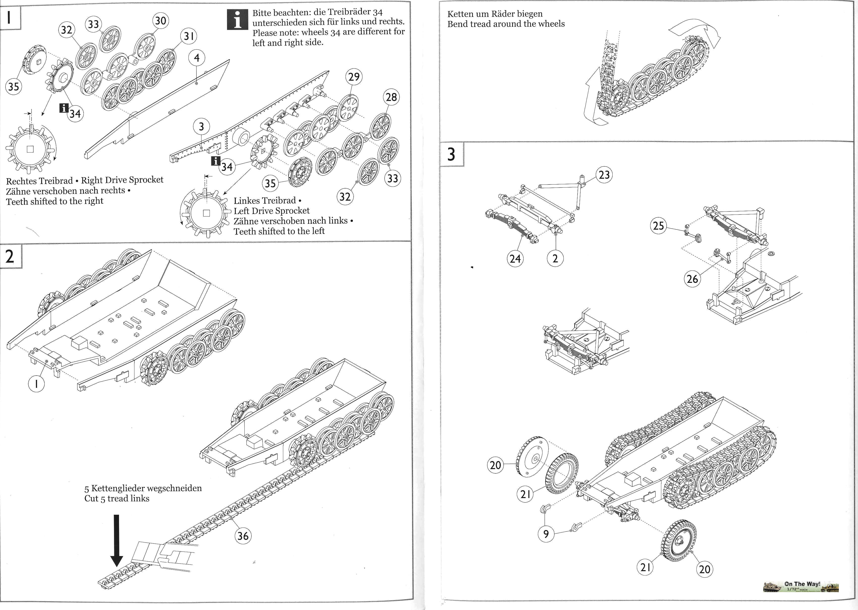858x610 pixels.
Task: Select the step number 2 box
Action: point(10,256)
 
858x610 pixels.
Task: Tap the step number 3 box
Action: point(452,154)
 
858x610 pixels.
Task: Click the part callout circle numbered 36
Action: point(243,536)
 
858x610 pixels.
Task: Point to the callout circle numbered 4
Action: point(197,58)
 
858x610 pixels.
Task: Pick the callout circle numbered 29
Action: point(354,77)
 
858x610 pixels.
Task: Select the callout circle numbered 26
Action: point(692,279)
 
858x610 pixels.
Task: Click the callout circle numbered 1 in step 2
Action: point(37,384)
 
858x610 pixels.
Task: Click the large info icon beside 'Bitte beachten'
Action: point(238,19)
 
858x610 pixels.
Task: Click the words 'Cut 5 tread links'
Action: point(117,498)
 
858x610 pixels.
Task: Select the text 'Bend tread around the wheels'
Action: point(506,24)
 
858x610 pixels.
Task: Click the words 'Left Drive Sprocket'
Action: point(271,211)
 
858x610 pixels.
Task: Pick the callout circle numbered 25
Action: point(659,226)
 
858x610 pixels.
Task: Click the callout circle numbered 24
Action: point(515,258)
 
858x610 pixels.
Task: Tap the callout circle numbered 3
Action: point(202,127)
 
